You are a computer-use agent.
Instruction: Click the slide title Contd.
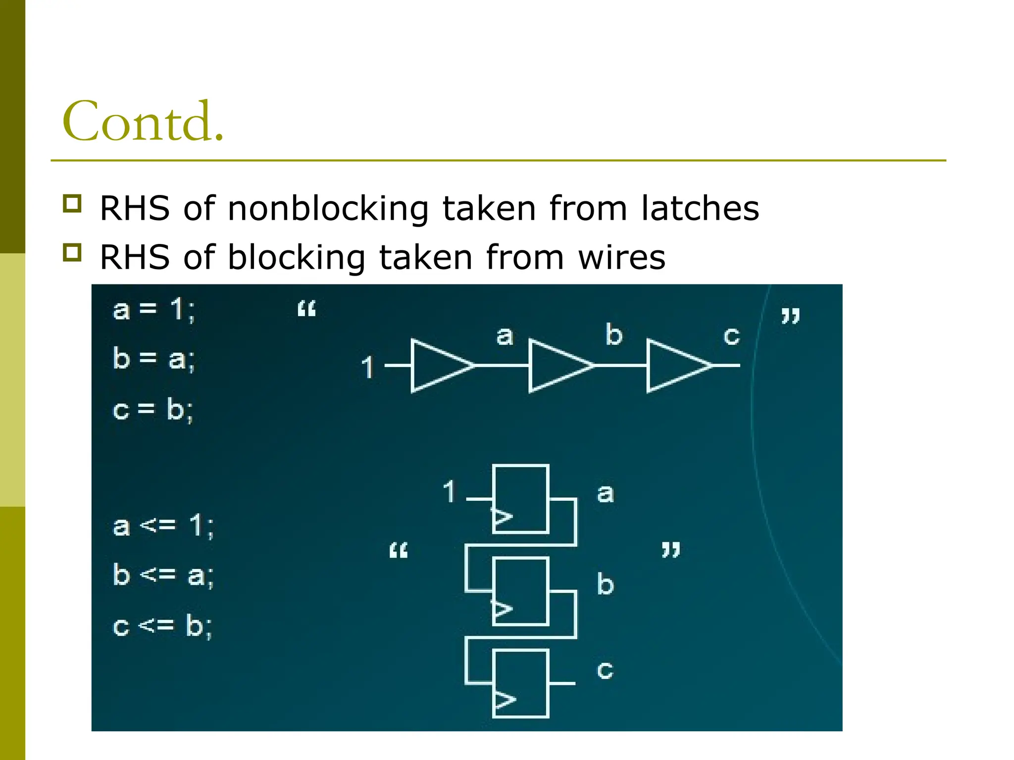point(143,121)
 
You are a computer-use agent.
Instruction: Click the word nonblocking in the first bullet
point(328,208)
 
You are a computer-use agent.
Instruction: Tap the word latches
point(700,208)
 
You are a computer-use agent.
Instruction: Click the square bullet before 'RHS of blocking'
point(72,252)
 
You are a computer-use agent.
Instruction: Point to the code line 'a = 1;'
point(154,310)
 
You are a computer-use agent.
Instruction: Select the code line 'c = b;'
point(153,410)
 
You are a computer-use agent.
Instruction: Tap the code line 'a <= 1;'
point(163,525)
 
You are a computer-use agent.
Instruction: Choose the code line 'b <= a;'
point(163,575)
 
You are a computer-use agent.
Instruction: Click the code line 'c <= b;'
point(162,626)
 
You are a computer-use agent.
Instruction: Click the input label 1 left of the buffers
point(367,367)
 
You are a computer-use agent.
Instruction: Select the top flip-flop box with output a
point(521,499)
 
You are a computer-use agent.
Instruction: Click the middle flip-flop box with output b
point(521,591)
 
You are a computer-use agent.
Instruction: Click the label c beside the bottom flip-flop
point(605,670)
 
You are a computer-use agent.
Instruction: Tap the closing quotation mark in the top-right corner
point(790,316)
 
